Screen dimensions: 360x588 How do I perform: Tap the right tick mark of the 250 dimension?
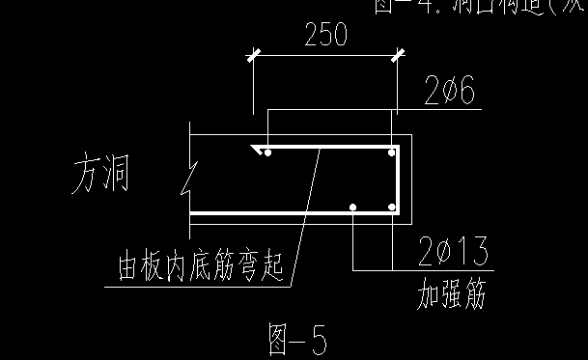pos(397,57)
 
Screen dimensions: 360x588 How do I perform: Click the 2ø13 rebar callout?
pos(453,252)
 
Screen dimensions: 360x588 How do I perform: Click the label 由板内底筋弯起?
pos(201,267)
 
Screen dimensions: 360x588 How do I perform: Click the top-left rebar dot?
pos(269,152)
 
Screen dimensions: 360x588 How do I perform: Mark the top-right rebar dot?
pos(391,152)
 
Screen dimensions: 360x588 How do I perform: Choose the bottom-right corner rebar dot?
pos(391,207)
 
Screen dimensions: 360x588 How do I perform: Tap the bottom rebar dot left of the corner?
pos(354,207)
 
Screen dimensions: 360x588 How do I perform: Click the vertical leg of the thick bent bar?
pos(398,180)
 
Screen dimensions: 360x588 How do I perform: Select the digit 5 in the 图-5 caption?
pos(318,340)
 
